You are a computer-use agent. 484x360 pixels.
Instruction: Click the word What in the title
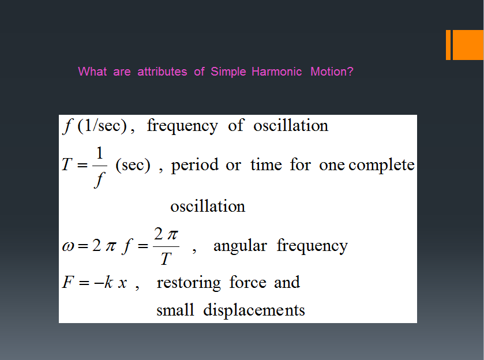(x=93, y=72)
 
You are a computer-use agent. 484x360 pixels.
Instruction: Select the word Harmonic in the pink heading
(x=276, y=72)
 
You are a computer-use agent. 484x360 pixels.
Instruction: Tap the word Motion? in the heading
(x=332, y=72)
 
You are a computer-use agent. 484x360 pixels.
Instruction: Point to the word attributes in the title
(x=162, y=72)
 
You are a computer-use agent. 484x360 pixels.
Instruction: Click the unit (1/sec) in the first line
(x=102, y=126)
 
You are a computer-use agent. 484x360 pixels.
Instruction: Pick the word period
(x=194, y=165)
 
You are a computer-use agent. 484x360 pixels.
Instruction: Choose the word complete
(x=381, y=165)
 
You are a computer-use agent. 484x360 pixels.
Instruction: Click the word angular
(x=240, y=246)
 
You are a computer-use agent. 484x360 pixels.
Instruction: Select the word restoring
(x=189, y=283)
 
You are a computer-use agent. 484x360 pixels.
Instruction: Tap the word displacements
(x=254, y=310)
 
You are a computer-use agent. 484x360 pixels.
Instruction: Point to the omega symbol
(x=68, y=246)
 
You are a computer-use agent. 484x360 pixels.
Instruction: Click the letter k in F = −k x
(x=108, y=282)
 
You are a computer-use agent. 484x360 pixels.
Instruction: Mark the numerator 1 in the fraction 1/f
(x=99, y=153)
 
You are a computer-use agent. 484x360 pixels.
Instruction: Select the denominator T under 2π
(x=166, y=258)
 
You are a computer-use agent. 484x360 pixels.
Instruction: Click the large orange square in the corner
(x=468, y=45)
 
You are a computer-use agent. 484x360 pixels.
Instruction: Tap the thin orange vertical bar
(x=448, y=45)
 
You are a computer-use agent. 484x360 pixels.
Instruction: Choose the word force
(x=247, y=282)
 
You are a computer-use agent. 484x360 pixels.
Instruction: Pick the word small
(x=175, y=310)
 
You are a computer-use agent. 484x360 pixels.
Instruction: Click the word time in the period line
(x=266, y=164)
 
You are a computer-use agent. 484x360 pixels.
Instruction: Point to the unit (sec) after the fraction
(x=133, y=165)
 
